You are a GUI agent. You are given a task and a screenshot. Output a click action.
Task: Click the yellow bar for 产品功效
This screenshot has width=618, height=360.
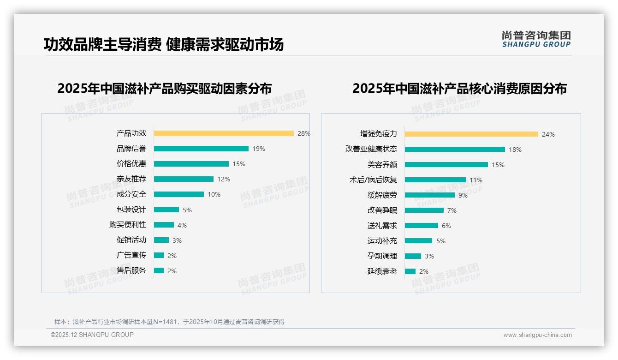click(224, 133)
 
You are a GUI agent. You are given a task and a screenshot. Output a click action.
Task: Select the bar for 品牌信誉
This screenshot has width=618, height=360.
click(201, 149)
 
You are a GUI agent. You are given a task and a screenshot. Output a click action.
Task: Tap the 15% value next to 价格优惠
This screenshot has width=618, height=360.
click(239, 164)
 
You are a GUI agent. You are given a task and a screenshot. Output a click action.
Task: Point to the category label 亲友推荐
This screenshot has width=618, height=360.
click(131, 179)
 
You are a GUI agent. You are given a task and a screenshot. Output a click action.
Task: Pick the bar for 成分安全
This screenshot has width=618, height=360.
click(179, 194)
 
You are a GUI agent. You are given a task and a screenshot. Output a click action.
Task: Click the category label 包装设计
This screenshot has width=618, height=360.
click(131, 210)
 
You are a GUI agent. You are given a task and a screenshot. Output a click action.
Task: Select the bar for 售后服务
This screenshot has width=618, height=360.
click(159, 270)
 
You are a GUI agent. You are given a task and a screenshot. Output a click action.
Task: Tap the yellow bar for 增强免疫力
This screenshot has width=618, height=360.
click(471, 134)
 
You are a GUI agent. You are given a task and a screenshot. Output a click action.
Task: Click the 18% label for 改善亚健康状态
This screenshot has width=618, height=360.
click(515, 150)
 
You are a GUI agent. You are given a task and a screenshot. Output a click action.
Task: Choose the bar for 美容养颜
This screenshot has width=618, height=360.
click(446, 165)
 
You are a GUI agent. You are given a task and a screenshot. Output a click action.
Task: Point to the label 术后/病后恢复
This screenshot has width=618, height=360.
click(373, 180)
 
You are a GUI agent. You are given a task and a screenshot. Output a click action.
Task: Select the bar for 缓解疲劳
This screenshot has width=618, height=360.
click(430, 195)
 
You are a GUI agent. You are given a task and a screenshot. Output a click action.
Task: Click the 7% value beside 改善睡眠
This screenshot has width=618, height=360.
click(452, 210)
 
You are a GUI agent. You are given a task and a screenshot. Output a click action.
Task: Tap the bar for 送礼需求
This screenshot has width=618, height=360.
click(422, 226)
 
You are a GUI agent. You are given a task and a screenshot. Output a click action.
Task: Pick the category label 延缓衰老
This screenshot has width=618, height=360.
click(382, 271)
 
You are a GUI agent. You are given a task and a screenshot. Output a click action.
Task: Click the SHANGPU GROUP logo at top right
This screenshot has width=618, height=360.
click(536, 39)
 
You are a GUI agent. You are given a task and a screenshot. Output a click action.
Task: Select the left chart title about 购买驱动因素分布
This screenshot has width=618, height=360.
click(165, 88)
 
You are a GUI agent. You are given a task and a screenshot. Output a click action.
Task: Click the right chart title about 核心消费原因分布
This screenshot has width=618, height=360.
click(459, 88)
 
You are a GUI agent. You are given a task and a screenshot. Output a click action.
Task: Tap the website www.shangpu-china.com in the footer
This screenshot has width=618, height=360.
click(537, 335)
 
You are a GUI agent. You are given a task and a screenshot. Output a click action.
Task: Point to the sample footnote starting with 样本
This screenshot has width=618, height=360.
click(169, 322)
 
